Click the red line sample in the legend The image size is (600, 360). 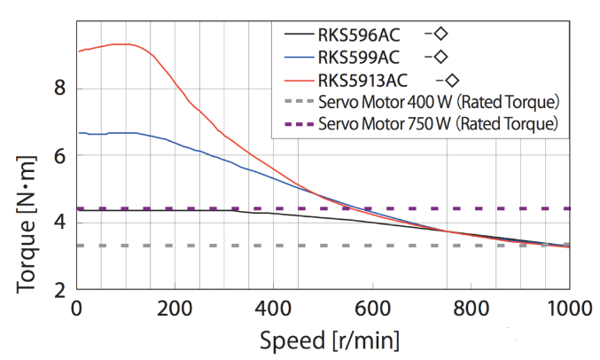pos(298,80)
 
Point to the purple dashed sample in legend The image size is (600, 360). pos(298,123)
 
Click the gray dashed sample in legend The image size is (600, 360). pos(298,101)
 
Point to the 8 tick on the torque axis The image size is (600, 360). pos(59,87)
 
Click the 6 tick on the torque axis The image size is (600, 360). pos(59,155)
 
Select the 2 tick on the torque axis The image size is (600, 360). pos(59,290)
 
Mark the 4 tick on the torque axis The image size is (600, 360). pos(59,223)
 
